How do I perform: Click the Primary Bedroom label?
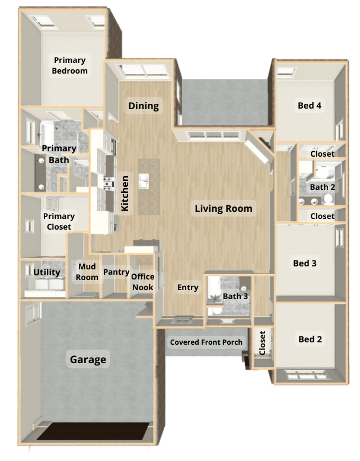pos(69,66)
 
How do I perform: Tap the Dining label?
pos(144,106)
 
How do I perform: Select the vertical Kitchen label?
pos(125,193)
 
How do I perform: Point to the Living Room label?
pos(224,208)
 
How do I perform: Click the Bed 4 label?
pos(310,106)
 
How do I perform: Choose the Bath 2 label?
pos(323,187)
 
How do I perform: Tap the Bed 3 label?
pos(305,263)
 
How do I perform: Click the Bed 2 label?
pos(310,339)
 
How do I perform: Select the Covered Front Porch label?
pos(206,342)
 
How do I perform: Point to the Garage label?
pos(88,360)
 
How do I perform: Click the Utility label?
pos(47,272)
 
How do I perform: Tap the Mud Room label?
pos(87,272)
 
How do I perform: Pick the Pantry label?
pos(116,272)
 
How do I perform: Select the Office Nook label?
pos(143,282)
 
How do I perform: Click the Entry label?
pos(188,287)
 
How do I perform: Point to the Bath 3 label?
pos(235,296)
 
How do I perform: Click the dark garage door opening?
pos(93,431)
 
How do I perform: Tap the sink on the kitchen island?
pos(144,181)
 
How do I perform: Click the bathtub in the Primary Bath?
pos(47,133)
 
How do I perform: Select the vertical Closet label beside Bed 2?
pos(262,343)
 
